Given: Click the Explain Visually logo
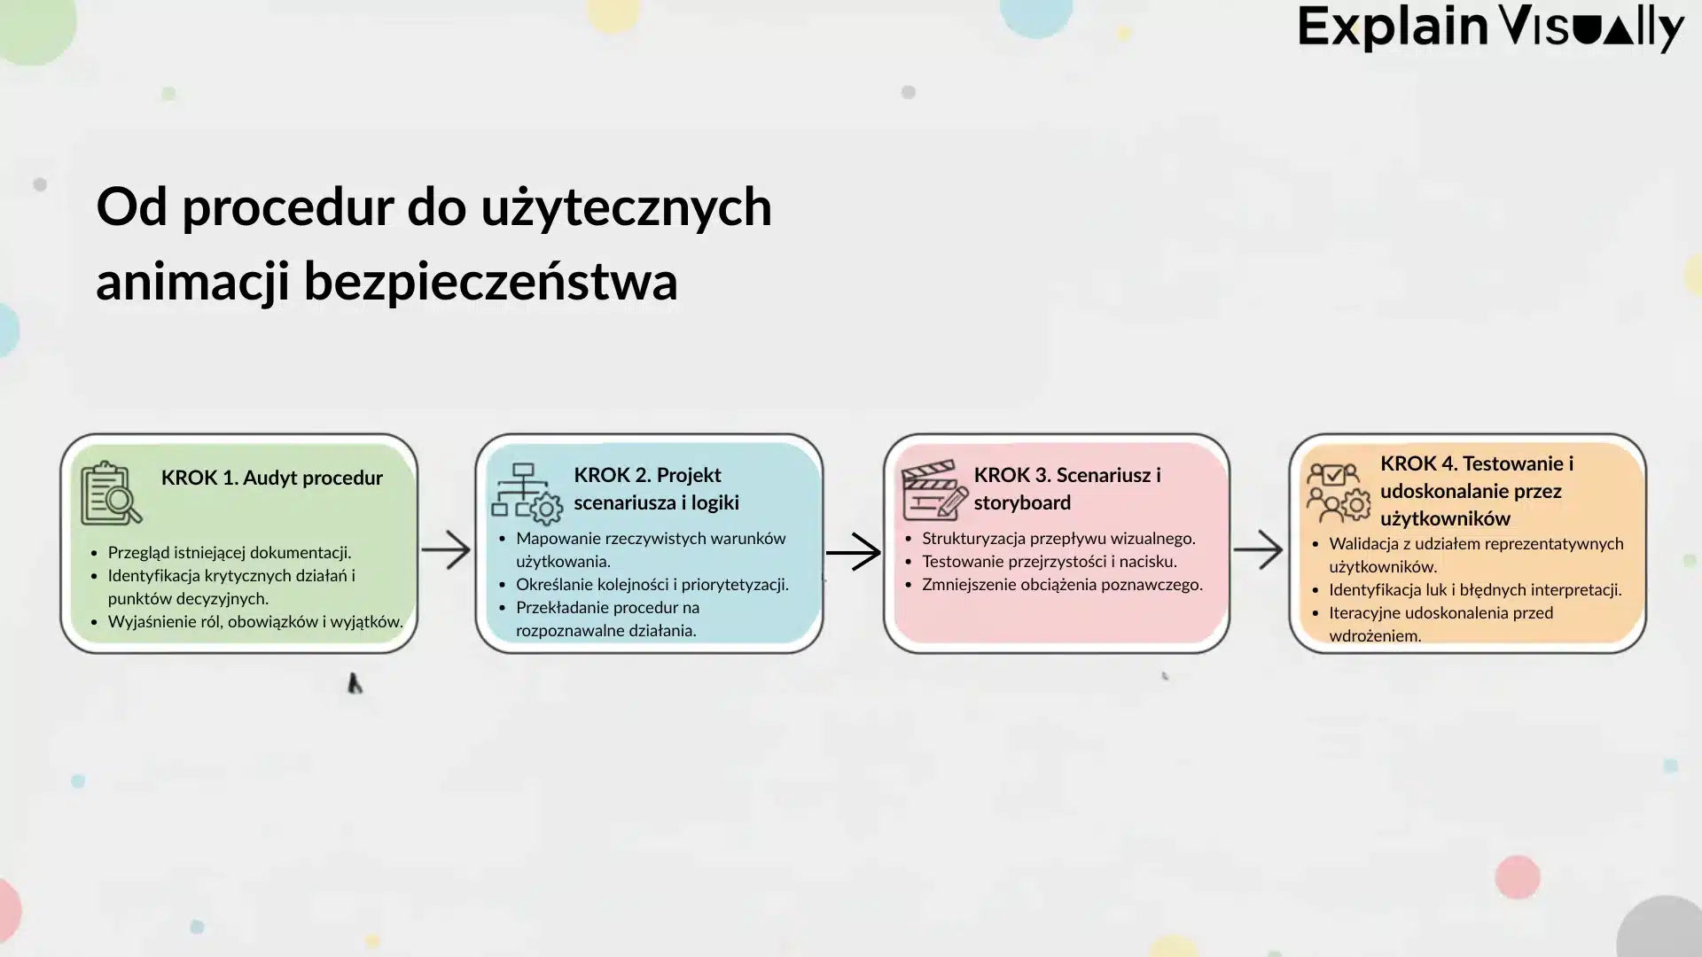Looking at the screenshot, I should [x=1490, y=28].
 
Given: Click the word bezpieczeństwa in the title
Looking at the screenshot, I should [x=490, y=282].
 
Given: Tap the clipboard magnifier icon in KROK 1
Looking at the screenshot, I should [x=111, y=494].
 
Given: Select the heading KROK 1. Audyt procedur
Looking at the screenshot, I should [x=271, y=478].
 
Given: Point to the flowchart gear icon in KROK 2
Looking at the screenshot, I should [x=527, y=494].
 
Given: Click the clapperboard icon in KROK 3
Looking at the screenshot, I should [x=933, y=489].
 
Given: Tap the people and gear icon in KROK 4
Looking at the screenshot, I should [x=1338, y=494].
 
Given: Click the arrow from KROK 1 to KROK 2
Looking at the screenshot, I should [x=446, y=550].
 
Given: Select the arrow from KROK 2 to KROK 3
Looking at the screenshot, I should [x=853, y=552].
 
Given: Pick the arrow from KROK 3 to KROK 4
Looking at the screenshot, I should [x=1258, y=550].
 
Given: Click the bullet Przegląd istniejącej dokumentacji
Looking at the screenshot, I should [x=229, y=552].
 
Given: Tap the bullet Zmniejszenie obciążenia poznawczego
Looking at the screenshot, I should [x=1062, y=584].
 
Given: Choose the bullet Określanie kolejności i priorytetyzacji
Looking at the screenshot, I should [x=652, y=584].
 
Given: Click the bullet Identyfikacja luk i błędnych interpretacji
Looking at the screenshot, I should [x=1474, y=589].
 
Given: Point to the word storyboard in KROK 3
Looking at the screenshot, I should [x=1022, y=502].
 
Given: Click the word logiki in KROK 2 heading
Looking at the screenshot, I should [x=714, y=502].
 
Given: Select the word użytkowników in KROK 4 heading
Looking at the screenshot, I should [x=1445, y=518].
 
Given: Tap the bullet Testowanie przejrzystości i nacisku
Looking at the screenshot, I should [x=1049, y=561].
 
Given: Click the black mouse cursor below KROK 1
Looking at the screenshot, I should [x=354, y=683].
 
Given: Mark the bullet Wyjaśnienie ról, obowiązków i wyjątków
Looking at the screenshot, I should [x=254, y=621].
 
